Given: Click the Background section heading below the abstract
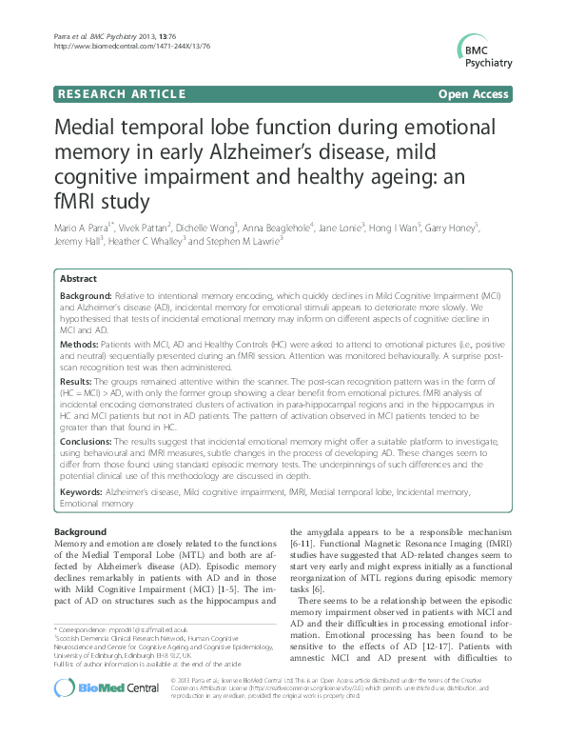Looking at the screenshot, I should point(81,532).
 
